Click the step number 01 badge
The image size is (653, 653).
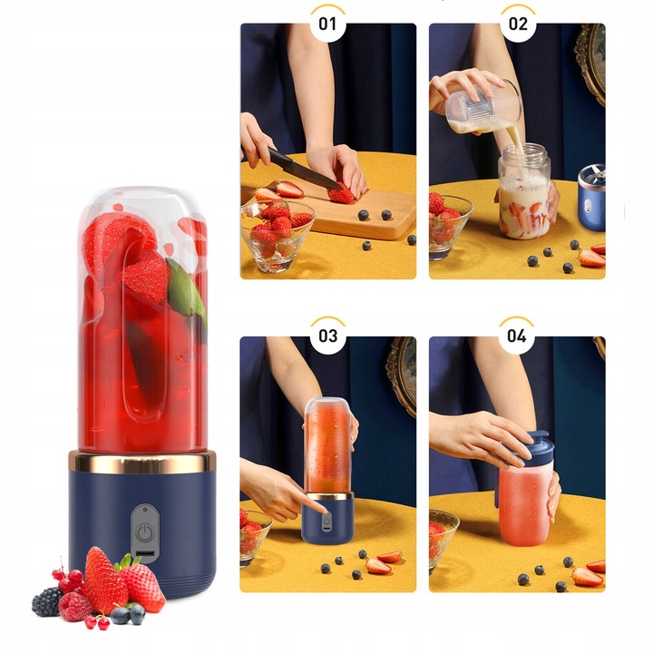click(x=328, y=24)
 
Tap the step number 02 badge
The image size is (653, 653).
click(x=517, y=24)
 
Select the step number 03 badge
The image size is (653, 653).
click(x=328, y=336)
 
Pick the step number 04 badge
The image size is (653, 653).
click(x=517, y=336)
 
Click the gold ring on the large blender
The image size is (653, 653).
click(x=142, y=463)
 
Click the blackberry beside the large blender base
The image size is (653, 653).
click(x=47, y=601)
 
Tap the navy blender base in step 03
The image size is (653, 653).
click(x=327, y=521)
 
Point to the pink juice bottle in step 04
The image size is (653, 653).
click(x=526, y=508)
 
